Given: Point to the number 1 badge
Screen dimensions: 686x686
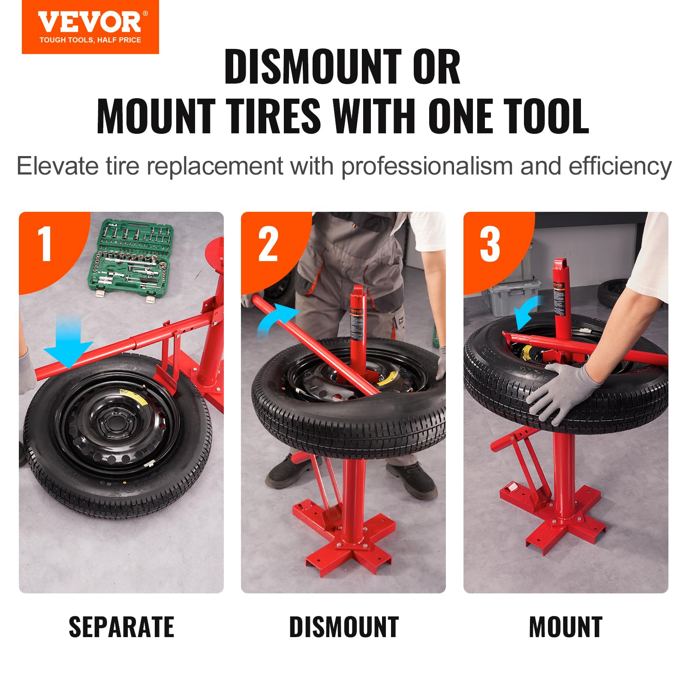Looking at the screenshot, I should (45, 244).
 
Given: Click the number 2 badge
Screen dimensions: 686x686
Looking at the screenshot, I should (268, 244).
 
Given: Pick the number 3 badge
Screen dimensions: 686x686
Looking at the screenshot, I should (490, 244).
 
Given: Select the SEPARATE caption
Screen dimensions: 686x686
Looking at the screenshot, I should (121, 627).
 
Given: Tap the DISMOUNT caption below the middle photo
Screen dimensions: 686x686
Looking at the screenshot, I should (344, 627).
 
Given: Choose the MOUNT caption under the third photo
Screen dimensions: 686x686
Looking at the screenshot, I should (566, 627).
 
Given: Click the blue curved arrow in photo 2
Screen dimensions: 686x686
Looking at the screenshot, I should (277, 319).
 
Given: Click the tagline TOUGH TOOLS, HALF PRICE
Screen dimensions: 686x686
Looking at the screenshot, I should (90, 40).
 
